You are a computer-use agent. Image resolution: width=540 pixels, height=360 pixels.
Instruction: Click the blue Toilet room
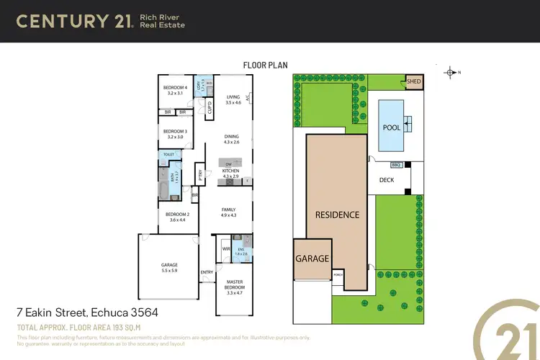(x=168, y=154)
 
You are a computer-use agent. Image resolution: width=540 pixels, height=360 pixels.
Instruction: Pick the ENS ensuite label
(x=241, y=251)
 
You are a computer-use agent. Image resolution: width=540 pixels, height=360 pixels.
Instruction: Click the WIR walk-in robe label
(x=225, y=249)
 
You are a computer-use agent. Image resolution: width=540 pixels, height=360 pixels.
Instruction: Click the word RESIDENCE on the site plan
(x=337, y=215)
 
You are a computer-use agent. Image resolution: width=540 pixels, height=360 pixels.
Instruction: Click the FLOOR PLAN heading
(x=265, y=65)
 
